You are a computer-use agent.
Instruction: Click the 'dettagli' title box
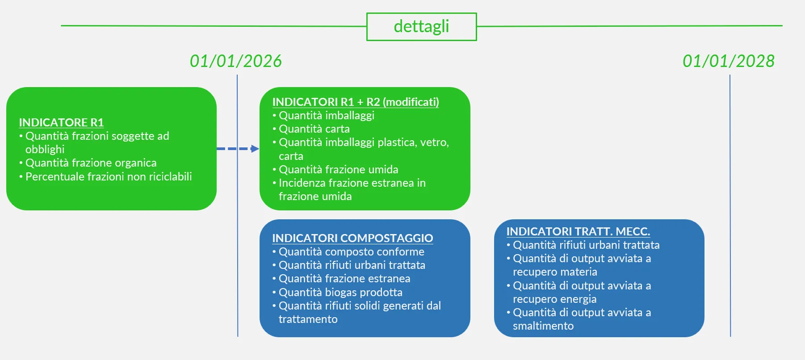click(421, 27)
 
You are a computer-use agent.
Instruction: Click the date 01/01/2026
click(236, 61)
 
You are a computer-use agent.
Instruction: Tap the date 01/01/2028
click(729, 61)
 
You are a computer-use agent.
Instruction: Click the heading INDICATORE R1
click(61, 122)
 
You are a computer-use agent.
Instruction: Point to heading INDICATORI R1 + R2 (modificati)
click(356, 102)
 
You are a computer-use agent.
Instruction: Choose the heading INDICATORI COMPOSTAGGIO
click(352, 238)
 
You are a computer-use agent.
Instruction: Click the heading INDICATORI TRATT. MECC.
click(578, 231)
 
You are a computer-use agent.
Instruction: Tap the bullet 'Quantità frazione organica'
click(91, 163)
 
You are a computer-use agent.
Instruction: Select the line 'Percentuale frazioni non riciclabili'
click(109, 176)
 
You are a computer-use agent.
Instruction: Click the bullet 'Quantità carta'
click(314, 129)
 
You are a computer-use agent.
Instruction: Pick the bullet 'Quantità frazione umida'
click(338, 170)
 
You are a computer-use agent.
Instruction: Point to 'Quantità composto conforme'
click(351, 252)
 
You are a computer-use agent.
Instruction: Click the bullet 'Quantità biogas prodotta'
click(340, 293)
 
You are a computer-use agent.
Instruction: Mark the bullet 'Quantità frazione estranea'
click(344, 279)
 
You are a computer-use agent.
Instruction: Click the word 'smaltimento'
click(543, 326)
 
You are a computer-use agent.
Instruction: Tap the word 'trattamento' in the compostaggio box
click(308, 319)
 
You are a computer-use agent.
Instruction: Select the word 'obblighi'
click(45, 150)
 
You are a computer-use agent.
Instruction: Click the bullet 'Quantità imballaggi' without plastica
click(327, 116)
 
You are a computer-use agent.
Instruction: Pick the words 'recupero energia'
click(554, 299)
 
